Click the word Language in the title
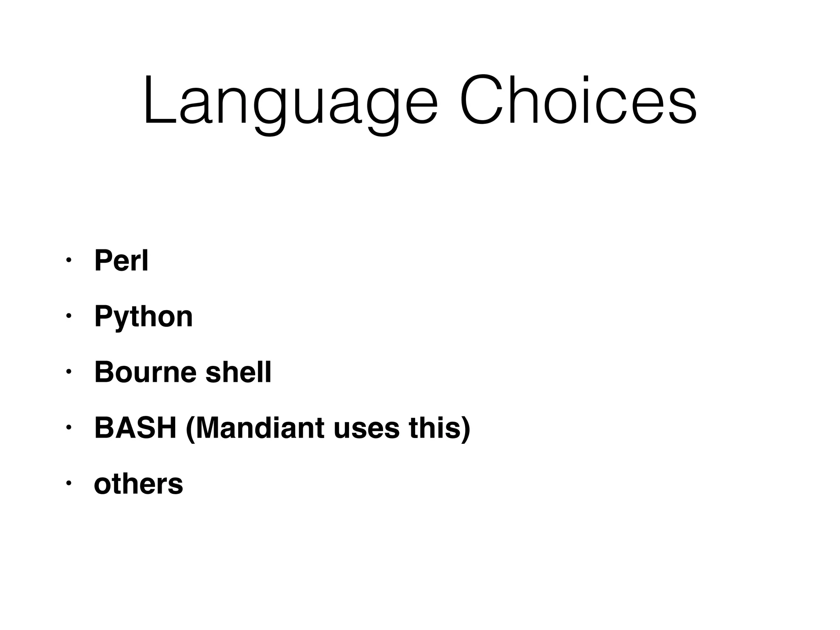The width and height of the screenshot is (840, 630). click(x=290, y=100)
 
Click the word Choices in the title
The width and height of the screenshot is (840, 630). click(x=577, y=100)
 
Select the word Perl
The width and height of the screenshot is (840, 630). click(x=121, y=261)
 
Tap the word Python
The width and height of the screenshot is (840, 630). click(x=144, y=317)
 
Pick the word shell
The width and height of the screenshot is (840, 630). click(x=238, y=372)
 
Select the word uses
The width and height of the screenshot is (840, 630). click(x=366, y=428)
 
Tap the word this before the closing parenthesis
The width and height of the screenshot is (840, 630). click(x=434, y=428)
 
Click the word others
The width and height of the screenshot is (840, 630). click(x=139, y=484)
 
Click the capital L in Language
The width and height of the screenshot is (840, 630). click(x=158, y=100)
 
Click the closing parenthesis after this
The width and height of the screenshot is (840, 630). click(x=466, y=429)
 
